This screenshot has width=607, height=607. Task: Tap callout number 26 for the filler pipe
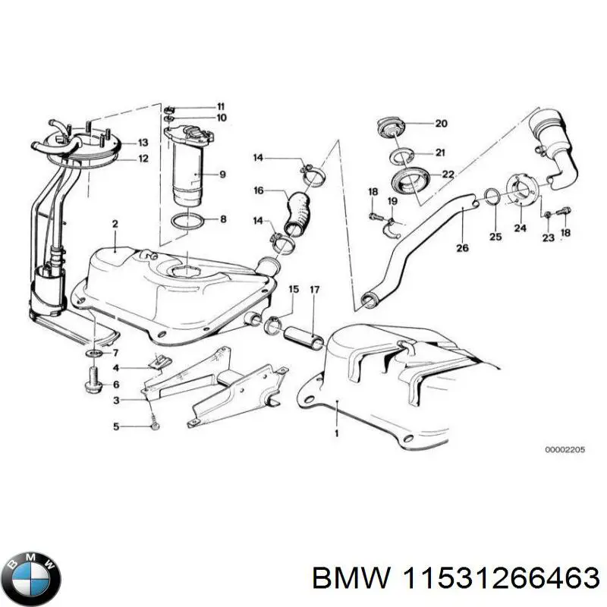pos(462,247)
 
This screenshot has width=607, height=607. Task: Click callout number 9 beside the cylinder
pos(222,175)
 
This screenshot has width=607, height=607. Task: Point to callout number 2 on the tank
pos(115,224)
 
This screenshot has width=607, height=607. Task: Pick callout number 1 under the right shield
pos(336,432)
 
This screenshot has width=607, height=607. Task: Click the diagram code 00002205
pos(563,449)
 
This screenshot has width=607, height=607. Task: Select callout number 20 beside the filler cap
pos(441,123)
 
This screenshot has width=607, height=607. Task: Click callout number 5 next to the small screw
pos(116,427)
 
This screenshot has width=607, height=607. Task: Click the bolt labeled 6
pos(93,377)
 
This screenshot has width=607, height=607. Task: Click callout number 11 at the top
pos(221,105)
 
